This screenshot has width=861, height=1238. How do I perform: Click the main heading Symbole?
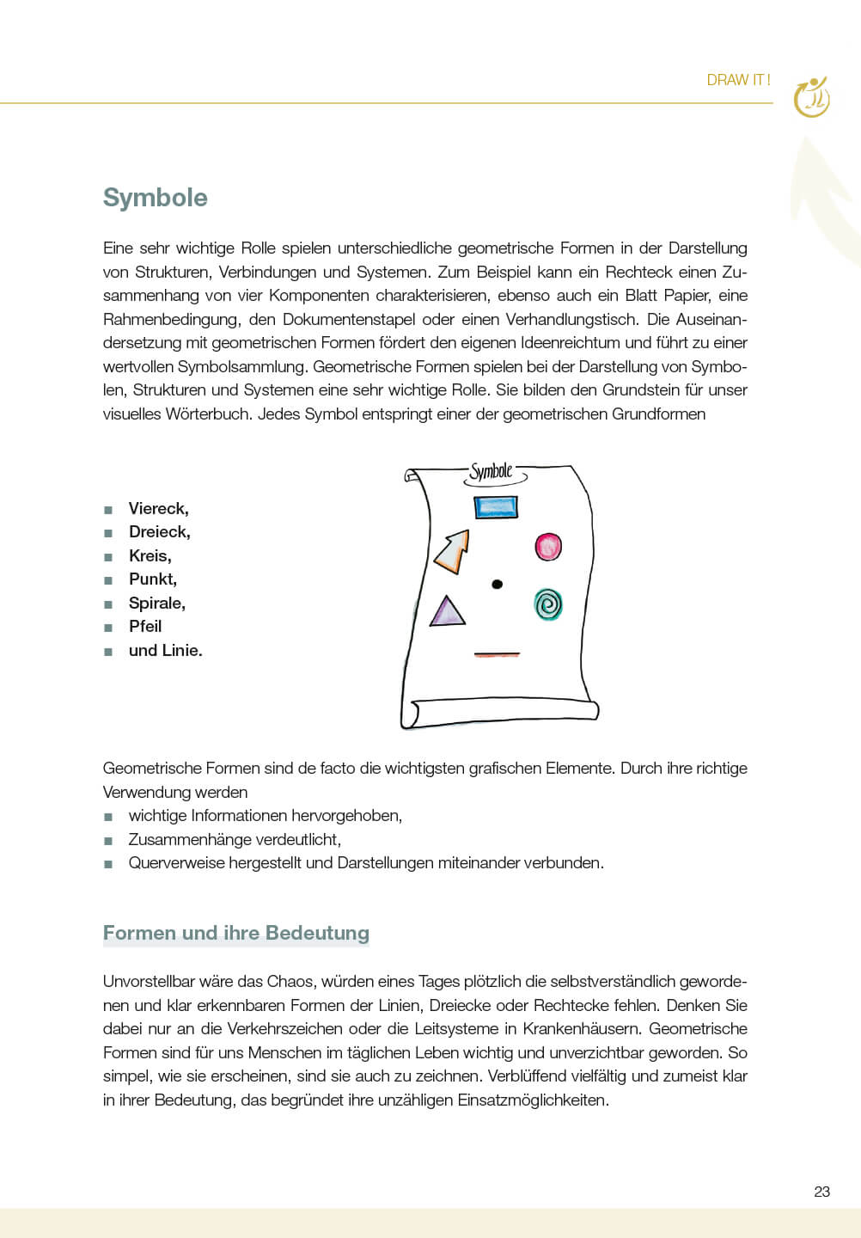coord(156,198)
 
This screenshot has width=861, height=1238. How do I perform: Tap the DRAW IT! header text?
coord(738,80)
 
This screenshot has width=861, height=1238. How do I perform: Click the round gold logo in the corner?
coord(811,97)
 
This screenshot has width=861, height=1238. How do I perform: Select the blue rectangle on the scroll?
coord(496,507)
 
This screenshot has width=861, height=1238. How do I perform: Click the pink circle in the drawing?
coord(548,546)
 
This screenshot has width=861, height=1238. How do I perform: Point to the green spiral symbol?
coord(548,604)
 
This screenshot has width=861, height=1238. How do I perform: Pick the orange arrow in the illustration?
coord(453,552)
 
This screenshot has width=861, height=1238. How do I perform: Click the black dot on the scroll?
coord(497,585)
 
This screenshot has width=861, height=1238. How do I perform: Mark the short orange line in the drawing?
coord(497,655)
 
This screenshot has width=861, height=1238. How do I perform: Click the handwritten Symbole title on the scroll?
coord(492,471)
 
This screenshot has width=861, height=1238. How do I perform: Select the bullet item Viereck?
coord(158,509)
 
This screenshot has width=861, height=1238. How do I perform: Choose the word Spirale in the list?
coord(156,604)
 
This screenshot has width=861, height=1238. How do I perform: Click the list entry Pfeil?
coord(145,627)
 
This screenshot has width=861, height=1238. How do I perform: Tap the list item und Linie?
coord(166,651)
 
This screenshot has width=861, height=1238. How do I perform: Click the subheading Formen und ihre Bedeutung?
coord(236,934)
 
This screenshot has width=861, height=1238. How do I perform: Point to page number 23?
coord(821,1192)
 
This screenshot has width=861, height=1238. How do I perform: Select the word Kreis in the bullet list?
coord(150,556)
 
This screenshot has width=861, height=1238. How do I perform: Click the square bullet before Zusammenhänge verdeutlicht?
coord(108,841)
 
